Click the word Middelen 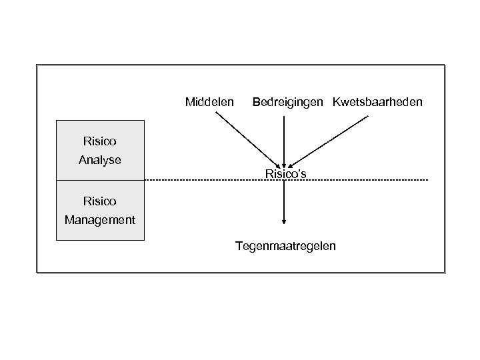point(209,103)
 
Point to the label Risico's point(285,174)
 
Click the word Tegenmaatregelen point(285,247)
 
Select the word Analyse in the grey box point(100,160)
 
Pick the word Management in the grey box point(100,219)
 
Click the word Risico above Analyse point(100,141)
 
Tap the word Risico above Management point(100,200)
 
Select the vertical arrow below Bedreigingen point(285,140)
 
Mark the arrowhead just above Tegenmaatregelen point(285,222)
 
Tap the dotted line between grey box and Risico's point(200,181)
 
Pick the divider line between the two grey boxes point(100,181)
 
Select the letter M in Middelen point(189,103)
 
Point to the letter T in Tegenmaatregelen point(238,247)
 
